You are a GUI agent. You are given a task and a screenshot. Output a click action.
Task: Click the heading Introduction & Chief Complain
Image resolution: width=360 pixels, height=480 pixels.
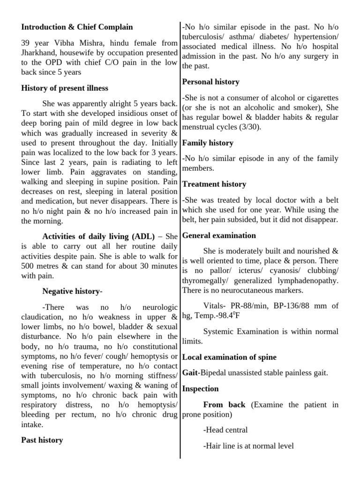click(77, 27)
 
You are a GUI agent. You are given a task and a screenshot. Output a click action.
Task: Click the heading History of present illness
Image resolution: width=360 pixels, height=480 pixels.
click(64, 88)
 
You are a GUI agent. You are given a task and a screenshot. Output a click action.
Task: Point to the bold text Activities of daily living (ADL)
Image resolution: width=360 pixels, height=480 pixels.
click(98, 236)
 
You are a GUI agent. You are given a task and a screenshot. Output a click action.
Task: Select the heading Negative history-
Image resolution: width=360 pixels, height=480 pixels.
click(72, 292)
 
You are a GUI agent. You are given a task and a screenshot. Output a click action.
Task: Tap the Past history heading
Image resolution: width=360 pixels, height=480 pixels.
click(42, 440)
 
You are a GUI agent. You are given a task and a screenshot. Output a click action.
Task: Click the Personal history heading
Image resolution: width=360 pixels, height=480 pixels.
click(210, 82)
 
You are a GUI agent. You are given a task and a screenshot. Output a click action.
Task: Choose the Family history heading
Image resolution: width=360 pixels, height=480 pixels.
click(208, 143)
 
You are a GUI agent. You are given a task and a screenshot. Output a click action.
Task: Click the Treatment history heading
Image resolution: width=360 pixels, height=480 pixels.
click(214, 184)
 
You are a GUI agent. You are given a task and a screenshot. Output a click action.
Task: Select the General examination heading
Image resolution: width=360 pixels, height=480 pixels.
click(219, 235)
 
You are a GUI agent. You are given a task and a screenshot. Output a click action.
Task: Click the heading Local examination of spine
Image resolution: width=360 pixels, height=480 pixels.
click(229, 357)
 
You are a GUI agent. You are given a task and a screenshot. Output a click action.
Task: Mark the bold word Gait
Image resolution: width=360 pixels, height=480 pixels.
click(190, 373)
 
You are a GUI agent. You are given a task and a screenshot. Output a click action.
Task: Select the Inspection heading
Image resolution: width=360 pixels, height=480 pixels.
click(200, 389)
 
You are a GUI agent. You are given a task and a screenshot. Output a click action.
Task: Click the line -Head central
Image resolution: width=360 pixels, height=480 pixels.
click(225, 430)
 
